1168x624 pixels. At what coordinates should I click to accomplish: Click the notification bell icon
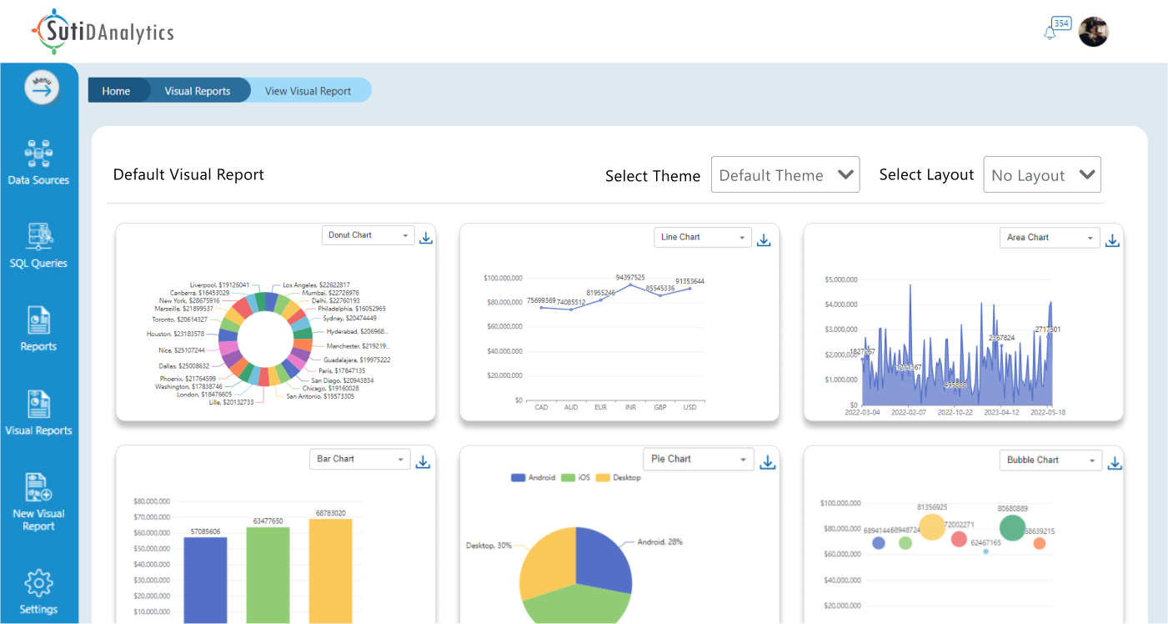[x=1050, y=33]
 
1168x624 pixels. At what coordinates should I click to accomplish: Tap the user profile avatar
[x=1093, y=32]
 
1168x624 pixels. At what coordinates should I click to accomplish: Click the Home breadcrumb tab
[x=116, y=91]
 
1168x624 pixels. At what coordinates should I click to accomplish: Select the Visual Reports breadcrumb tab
[x=198, y=91]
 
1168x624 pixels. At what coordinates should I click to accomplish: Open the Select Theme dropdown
[x=785, y=175]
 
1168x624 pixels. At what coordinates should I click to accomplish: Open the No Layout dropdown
[x=1042, y=175]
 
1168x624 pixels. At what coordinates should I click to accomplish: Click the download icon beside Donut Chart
[x=426, y=238]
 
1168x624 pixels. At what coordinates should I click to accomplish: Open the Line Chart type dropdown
[x=702, y=238]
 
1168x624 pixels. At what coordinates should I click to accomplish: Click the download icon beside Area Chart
[x=1112, y=240]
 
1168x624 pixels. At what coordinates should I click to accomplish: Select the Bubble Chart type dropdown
[x=1050, y=460]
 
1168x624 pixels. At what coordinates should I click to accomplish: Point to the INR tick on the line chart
[x=630, y=407]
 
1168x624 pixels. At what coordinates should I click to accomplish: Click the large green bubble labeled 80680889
[x=1012, y=527]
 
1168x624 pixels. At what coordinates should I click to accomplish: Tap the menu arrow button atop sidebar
[x=42, y=88]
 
